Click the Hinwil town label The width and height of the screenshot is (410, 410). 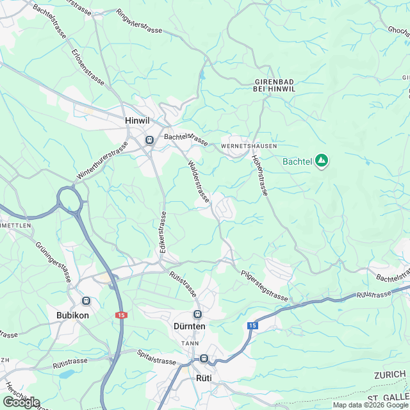(137, 120)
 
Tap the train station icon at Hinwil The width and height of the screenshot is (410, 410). (149, 140)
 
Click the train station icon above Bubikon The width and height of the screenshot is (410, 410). (86, 300)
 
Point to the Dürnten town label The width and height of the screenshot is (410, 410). (190, 327)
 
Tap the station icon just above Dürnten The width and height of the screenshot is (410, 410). (197, 314)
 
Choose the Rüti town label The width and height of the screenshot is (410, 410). (203, 378)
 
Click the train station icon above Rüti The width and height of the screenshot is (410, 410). (204, 359)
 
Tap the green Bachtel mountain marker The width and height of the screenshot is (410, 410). (322, 161)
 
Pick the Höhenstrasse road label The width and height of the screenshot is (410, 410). (261, 175)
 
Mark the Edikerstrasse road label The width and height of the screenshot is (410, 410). (163, 234)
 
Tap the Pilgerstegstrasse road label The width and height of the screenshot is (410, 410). (265, 286)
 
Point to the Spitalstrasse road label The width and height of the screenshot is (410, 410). (156, 357)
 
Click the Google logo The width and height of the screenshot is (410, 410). (20, 402)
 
